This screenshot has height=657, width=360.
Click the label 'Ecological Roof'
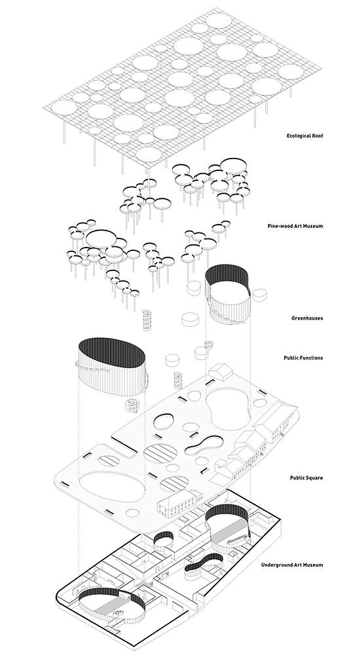tap(304, 136)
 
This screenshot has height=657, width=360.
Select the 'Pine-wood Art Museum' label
tap(295, 226)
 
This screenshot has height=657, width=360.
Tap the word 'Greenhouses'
tap(307, 318)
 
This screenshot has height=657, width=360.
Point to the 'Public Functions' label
tap(303, 358)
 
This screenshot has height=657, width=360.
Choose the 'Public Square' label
tap(306, 478)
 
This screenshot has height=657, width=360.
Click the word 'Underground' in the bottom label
tap(275, 565)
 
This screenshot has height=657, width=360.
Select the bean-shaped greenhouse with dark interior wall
tap(228, 293)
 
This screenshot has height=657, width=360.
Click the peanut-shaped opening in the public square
tap(204, 445)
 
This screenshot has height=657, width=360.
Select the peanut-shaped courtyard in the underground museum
tap(204, 567)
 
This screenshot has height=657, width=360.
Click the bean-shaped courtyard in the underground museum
tap(228, 528)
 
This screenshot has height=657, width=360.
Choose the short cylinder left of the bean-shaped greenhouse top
tap(194, 288)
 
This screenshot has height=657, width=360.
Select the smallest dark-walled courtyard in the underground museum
tap(164, 540)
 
